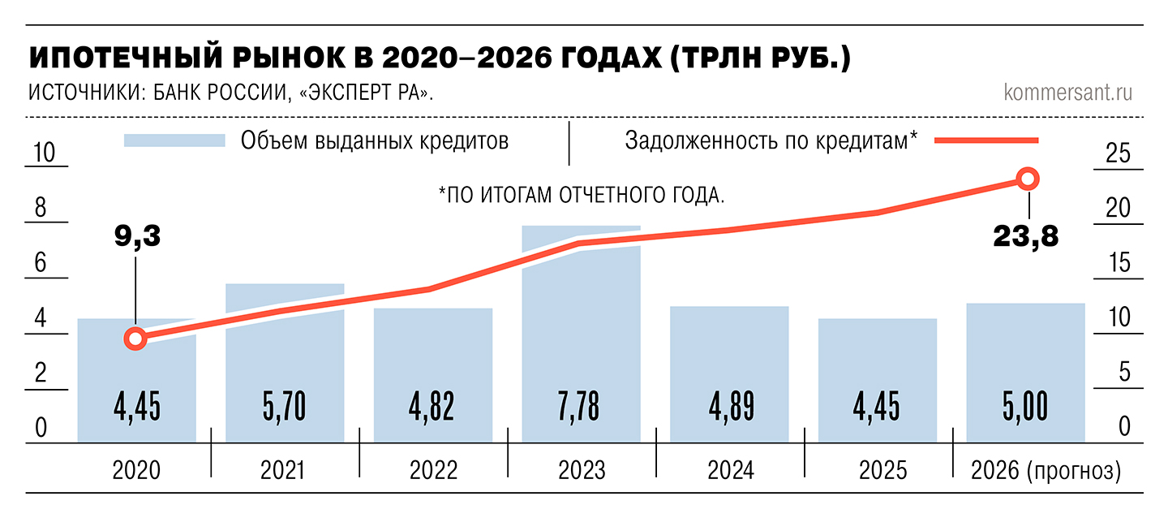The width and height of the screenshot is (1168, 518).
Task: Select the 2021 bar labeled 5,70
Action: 285,365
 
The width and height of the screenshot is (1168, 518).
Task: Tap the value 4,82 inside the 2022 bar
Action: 433,407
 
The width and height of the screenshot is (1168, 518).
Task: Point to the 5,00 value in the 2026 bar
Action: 1025,407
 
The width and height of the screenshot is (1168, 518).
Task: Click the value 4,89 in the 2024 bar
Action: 729,407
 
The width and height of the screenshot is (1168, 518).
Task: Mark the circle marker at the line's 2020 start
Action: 136,339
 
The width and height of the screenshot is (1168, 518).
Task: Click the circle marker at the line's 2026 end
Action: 1028,179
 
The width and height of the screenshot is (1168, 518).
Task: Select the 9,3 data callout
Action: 136,238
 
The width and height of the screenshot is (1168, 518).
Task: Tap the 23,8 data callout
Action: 1026,238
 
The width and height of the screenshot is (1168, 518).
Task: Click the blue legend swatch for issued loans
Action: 174,140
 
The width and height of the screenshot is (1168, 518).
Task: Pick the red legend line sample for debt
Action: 986,140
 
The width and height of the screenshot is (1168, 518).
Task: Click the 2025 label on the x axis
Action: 878,470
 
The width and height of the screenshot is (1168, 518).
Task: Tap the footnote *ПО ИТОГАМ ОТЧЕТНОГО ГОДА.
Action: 581,195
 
